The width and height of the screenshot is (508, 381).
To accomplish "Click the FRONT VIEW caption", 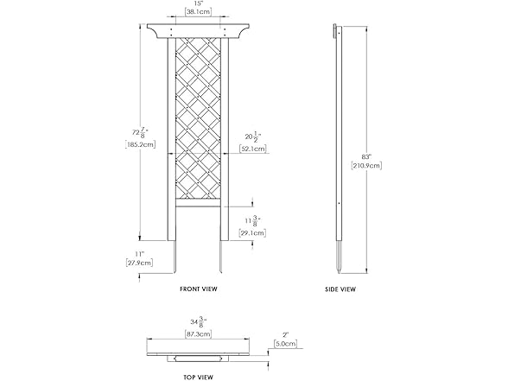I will [x=198, y=289].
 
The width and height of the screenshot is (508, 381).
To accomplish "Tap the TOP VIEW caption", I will [x=198, y=377].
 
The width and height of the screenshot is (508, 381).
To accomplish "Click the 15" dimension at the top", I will [x=198, y=4].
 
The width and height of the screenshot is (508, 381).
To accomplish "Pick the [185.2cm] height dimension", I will [x=140, y=146].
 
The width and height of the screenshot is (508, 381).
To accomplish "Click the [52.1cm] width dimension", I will [x=253, y=149].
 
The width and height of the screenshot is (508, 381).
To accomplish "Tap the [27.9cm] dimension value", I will [x=139, y=262].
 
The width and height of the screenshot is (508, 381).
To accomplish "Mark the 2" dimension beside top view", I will [x=283, y=334].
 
